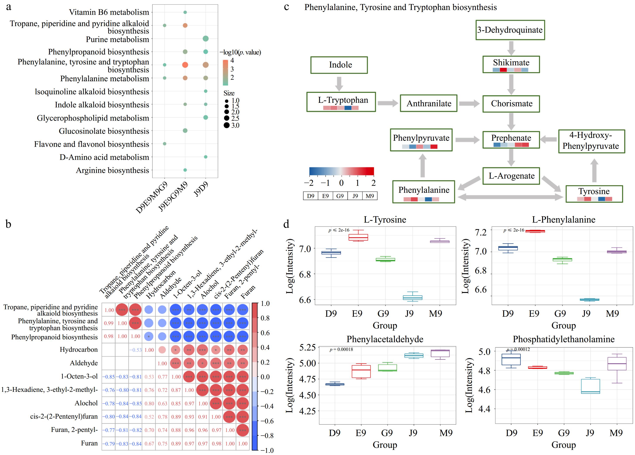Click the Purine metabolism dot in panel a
click(206, 39)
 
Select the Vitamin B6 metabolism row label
click(109, 12)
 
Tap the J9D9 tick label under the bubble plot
click(201, 189)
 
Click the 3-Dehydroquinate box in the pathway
click(510, 30)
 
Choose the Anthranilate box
click(429, 103)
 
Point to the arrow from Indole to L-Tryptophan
click(339, 83)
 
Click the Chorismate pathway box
click(511, 103)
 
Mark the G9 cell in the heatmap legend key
click(340, 196)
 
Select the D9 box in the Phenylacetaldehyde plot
click(335, 384)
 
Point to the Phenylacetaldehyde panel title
click(385, 339)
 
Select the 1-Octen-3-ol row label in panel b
click(79, 376)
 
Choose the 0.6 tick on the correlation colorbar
click(265, 333)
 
